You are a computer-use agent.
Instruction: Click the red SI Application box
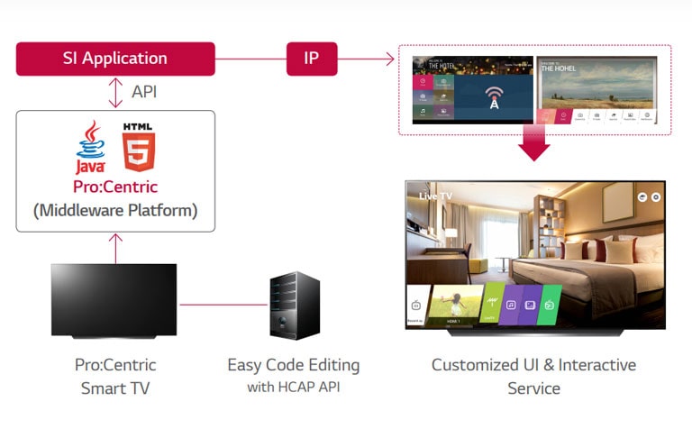pos(115,59)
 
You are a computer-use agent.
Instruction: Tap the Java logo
pos(91,149)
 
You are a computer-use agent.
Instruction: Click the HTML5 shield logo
pos(139,147)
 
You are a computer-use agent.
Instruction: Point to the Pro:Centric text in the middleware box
pos(115,187)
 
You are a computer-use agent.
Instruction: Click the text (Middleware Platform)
pos(115,211)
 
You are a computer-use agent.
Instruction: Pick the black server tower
pos(295,306)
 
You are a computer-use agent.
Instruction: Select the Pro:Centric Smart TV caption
pos(115,377)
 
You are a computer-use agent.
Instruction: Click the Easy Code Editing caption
pos(294,365)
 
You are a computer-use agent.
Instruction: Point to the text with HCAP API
pos(294,388)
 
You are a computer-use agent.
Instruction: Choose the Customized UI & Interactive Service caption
pos(533,377)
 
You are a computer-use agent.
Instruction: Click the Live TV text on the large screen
pos(435,195)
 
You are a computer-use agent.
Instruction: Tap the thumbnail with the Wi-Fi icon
pos(473,89)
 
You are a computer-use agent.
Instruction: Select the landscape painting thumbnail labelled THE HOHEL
pos(596,89)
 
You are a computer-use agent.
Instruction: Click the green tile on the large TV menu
pos(550,306)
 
